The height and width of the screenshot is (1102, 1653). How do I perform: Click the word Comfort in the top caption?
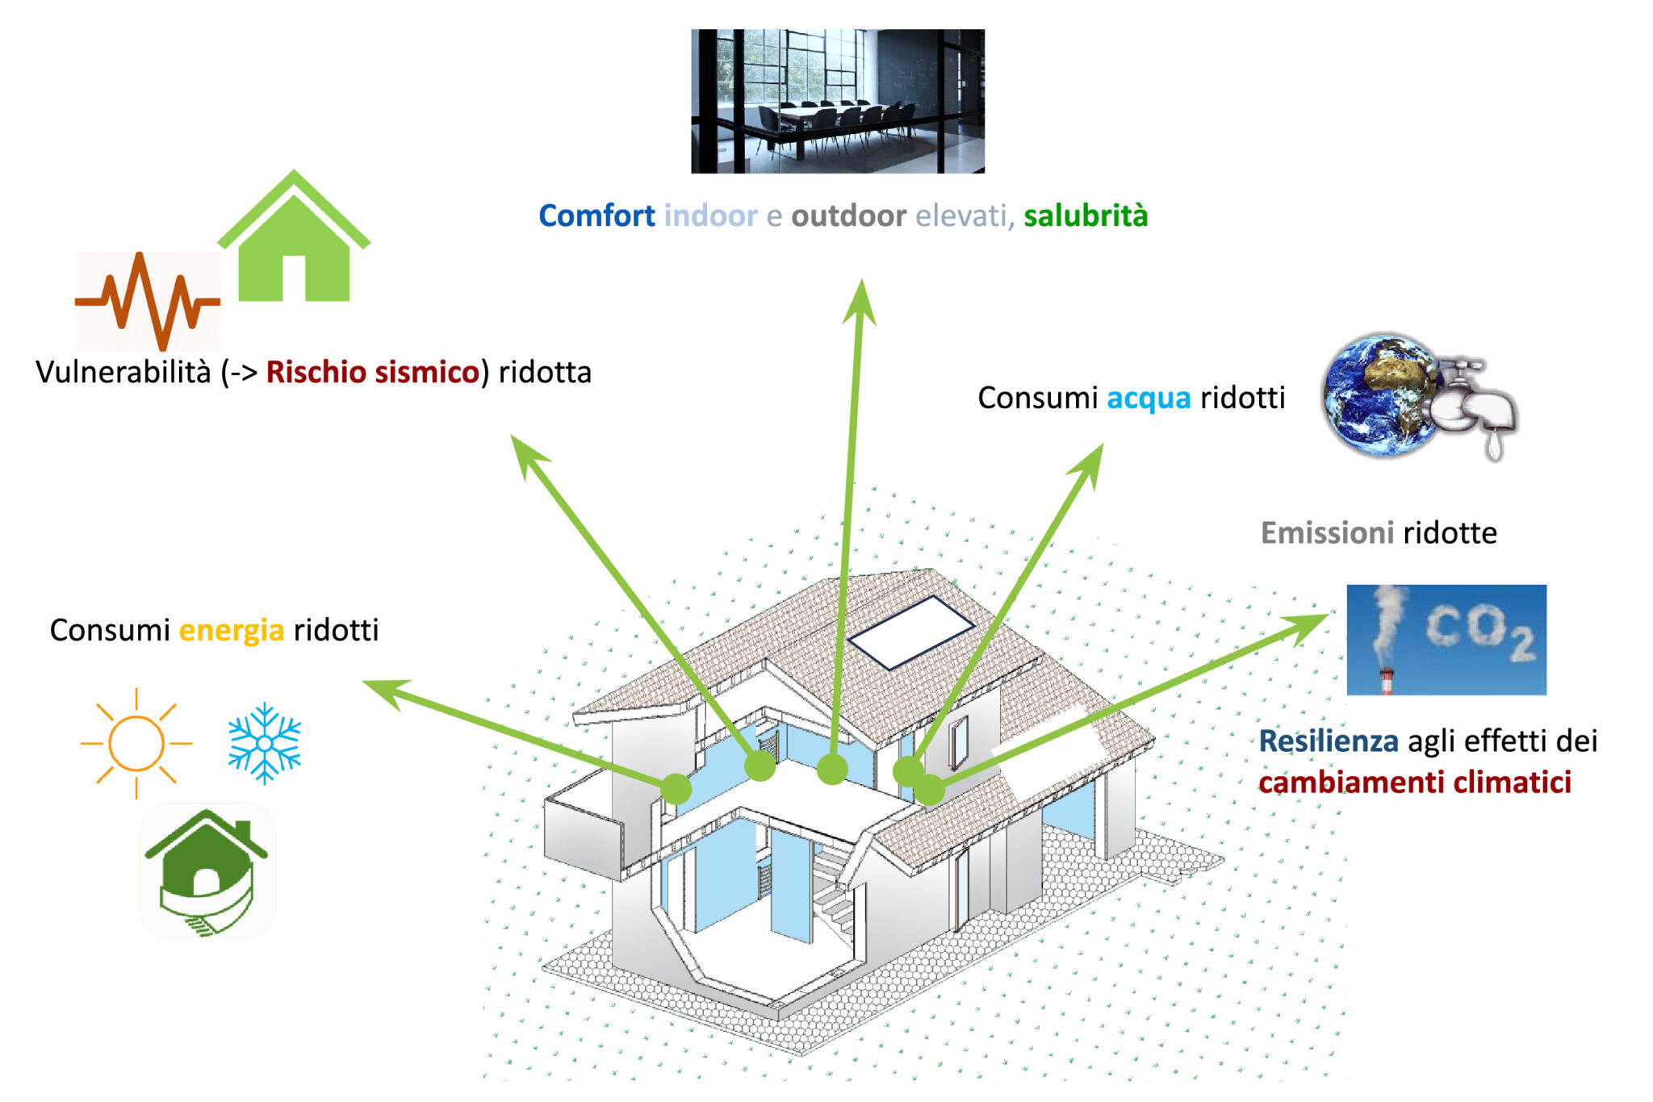tap(596, 215)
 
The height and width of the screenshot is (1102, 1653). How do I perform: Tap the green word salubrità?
tap(1086, 215)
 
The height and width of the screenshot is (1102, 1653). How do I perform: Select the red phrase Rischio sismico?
tap(373, 372)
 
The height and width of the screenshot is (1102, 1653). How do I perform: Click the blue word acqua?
tap(1149, 399)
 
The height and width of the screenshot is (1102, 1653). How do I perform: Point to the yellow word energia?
tap(232, 631)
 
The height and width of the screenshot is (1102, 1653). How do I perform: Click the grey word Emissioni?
tap(1327, 532)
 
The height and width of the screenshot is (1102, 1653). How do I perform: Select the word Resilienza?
tap(1329, 741)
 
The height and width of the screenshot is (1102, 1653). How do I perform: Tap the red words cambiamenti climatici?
tap(1415, 782)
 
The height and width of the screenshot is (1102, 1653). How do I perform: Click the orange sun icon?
tap(136, 743)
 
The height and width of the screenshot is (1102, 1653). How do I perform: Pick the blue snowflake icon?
tap(265, 743)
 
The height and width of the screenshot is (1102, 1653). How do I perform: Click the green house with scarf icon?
tap(208, 871)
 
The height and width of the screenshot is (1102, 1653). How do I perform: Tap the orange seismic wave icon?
tap(148, 301)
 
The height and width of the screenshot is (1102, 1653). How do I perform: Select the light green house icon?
tap(294, 236)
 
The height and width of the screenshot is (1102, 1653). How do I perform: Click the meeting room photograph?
tap(838, 101)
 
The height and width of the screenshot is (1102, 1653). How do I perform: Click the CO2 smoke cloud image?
tap(1446, 640)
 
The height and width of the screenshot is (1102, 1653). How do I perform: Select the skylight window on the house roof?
tap(911, 632)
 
